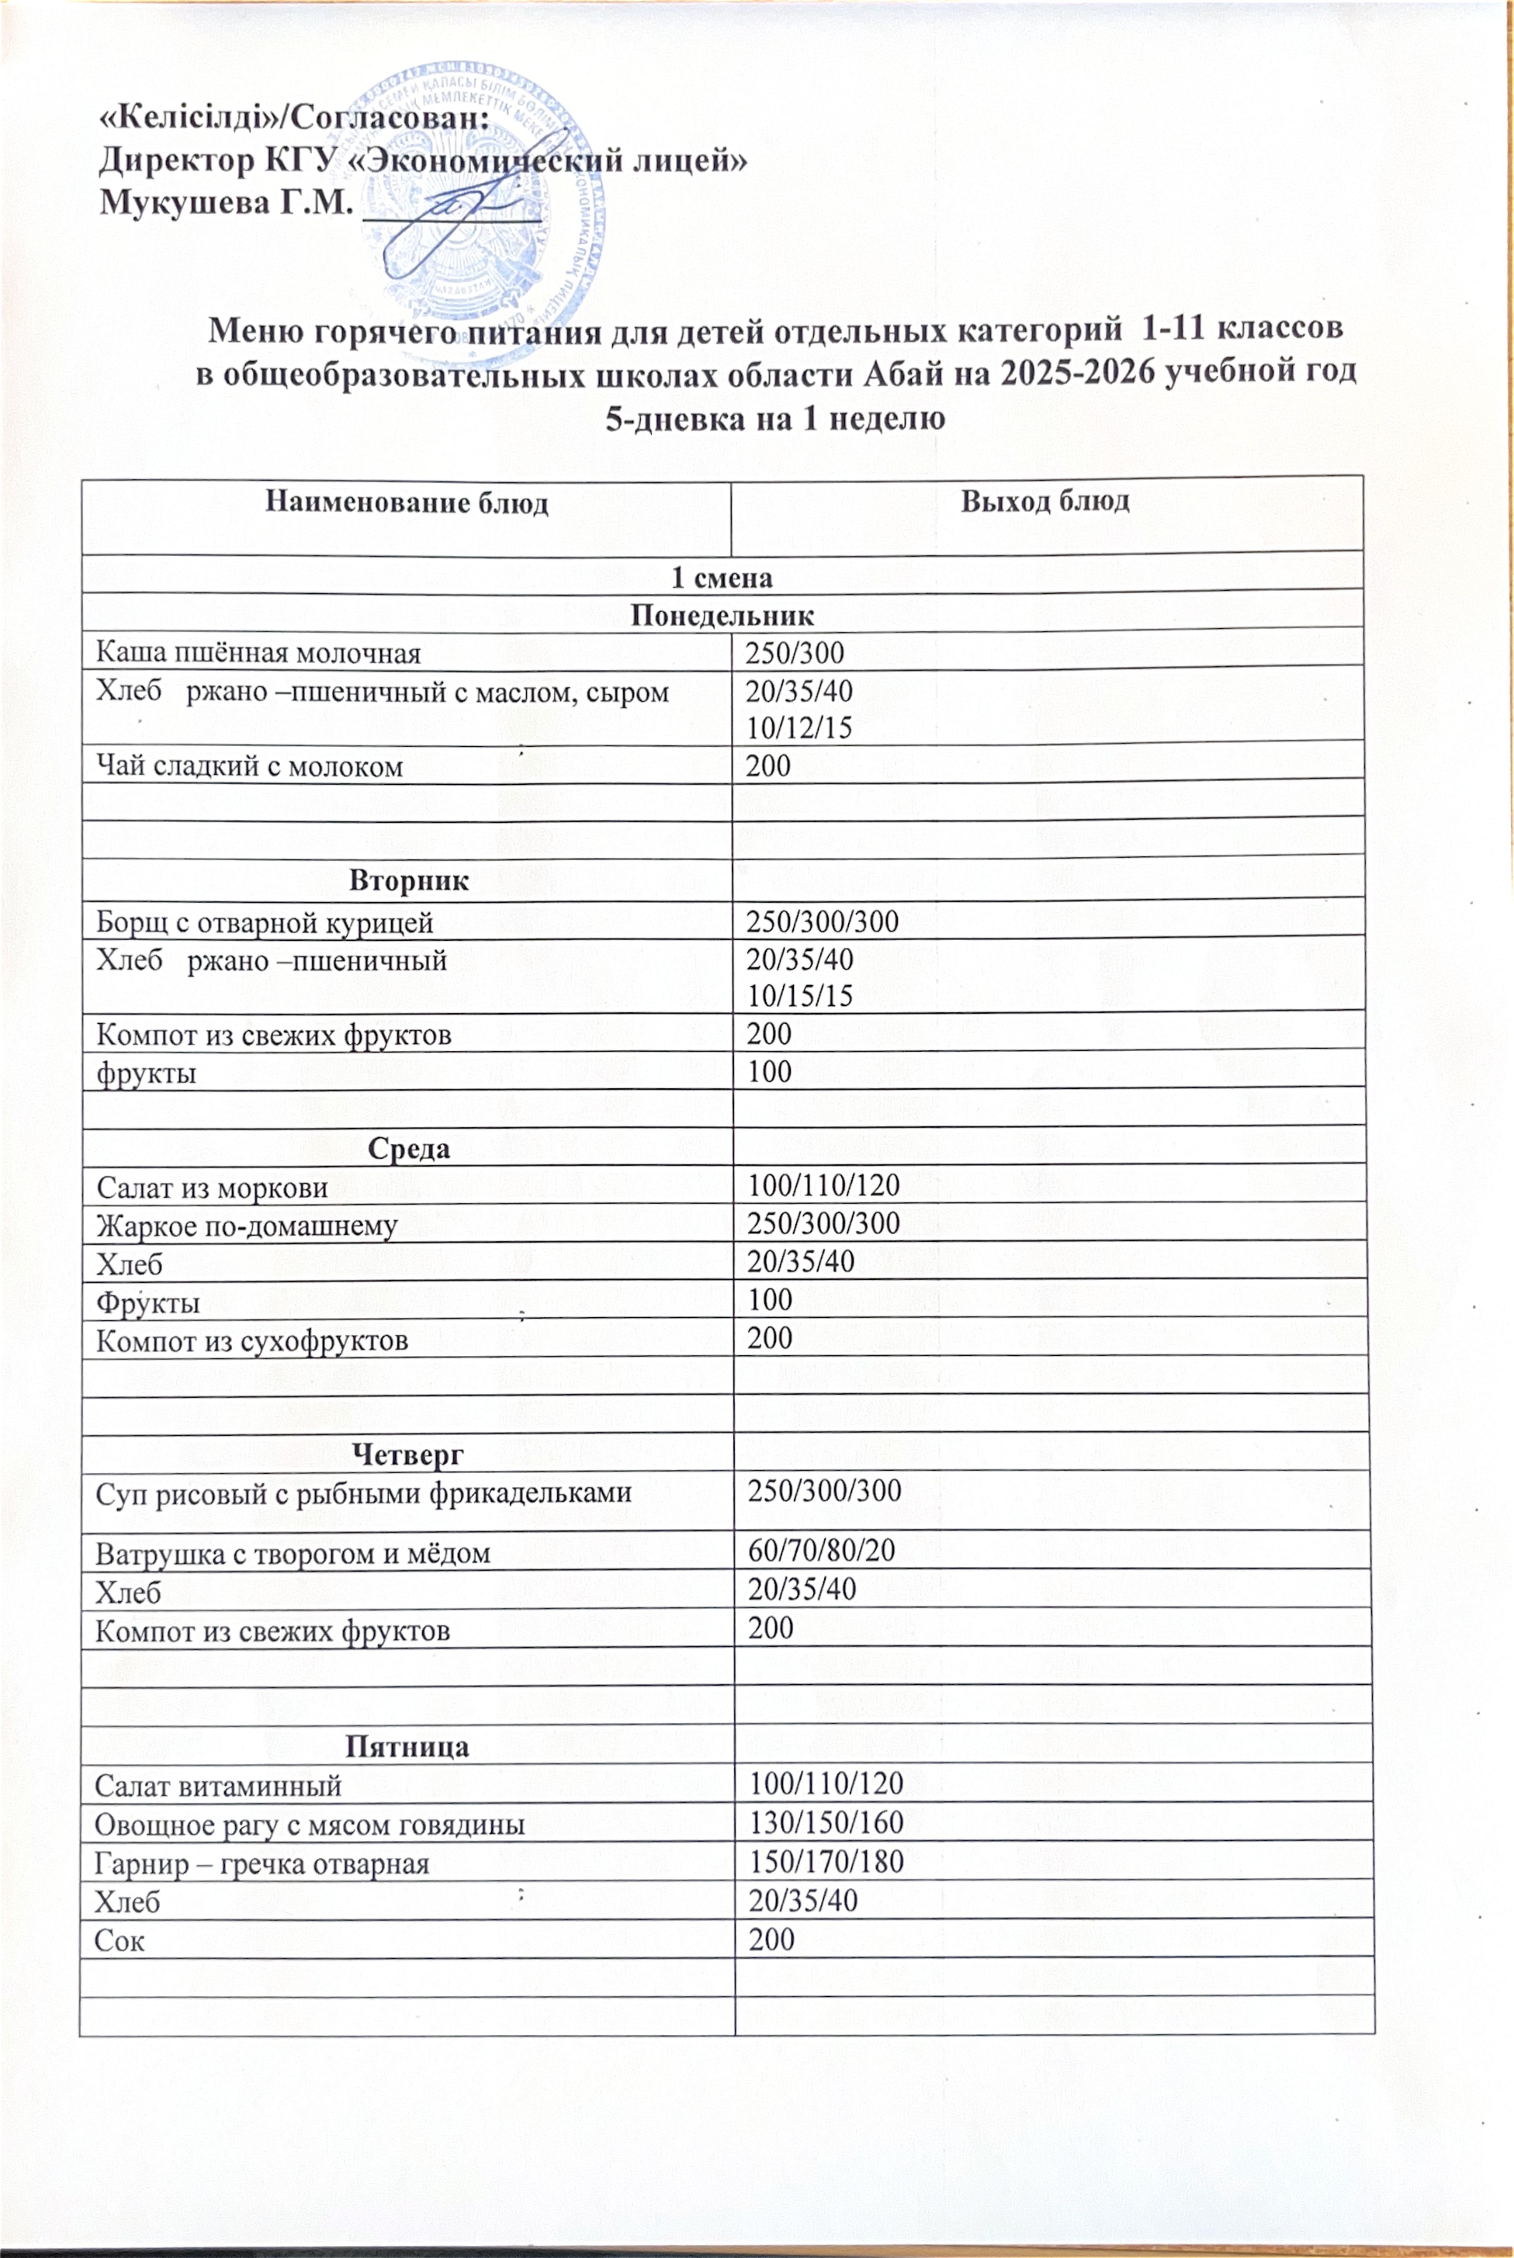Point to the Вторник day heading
point(408,880)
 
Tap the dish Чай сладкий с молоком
point(249,766)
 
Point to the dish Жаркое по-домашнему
point(246,1226)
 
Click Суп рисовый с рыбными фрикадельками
point(363,1492)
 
